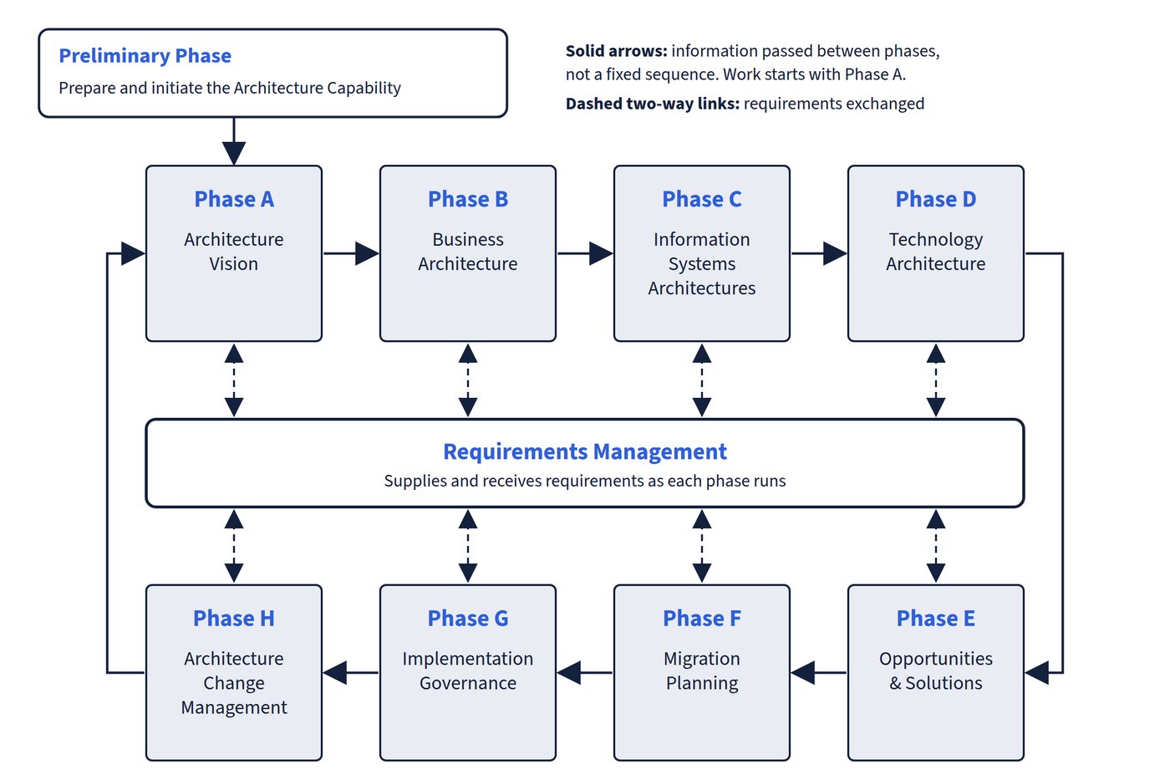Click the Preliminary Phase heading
pos(145,55)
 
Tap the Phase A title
pos(234,199)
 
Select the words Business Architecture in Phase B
pos(467,252)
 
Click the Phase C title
pos(701,199)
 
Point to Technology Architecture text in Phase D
pos(935,252)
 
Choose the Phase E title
pos(935,618)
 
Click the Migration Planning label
pos(701,670)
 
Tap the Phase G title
pos(467,618)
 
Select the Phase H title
pos(234,618)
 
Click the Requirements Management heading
pos(585,451)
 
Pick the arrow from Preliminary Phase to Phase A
pos(234,141)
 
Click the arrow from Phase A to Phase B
pos(351,253)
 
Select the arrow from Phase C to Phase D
pos(819,253)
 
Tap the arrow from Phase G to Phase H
pos(351,672)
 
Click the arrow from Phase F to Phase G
pos(585,672)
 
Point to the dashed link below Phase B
pos(467,380)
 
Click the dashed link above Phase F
pos(701,546)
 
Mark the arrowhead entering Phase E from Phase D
pos(1037,672)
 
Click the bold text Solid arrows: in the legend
pos(617,51)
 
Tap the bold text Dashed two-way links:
pos(653,104)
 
